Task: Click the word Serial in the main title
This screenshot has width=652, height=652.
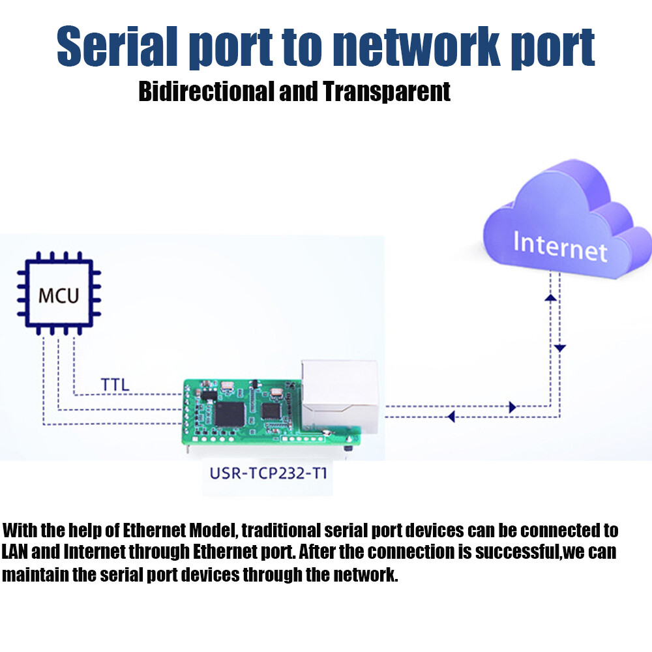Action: point(117,46)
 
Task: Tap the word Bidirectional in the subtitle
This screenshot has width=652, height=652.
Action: point(207,91)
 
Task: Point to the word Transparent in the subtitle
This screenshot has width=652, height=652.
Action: point(387,92)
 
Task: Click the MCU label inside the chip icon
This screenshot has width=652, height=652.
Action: point(58,295)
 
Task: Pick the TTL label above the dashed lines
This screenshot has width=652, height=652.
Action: point(115,385)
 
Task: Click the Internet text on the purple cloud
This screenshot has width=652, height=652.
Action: point(560,246)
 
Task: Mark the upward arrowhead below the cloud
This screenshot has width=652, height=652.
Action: point(550,298)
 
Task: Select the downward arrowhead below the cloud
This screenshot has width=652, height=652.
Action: point(560,348)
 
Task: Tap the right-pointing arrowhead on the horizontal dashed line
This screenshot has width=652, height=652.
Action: point(512,407)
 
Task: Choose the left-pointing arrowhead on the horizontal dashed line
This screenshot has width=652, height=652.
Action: point(451,416)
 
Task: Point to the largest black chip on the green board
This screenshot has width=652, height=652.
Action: point(230,414)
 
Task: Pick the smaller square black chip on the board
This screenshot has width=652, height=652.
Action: point(271,411)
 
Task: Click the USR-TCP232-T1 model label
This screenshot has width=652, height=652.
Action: point(268,473)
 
